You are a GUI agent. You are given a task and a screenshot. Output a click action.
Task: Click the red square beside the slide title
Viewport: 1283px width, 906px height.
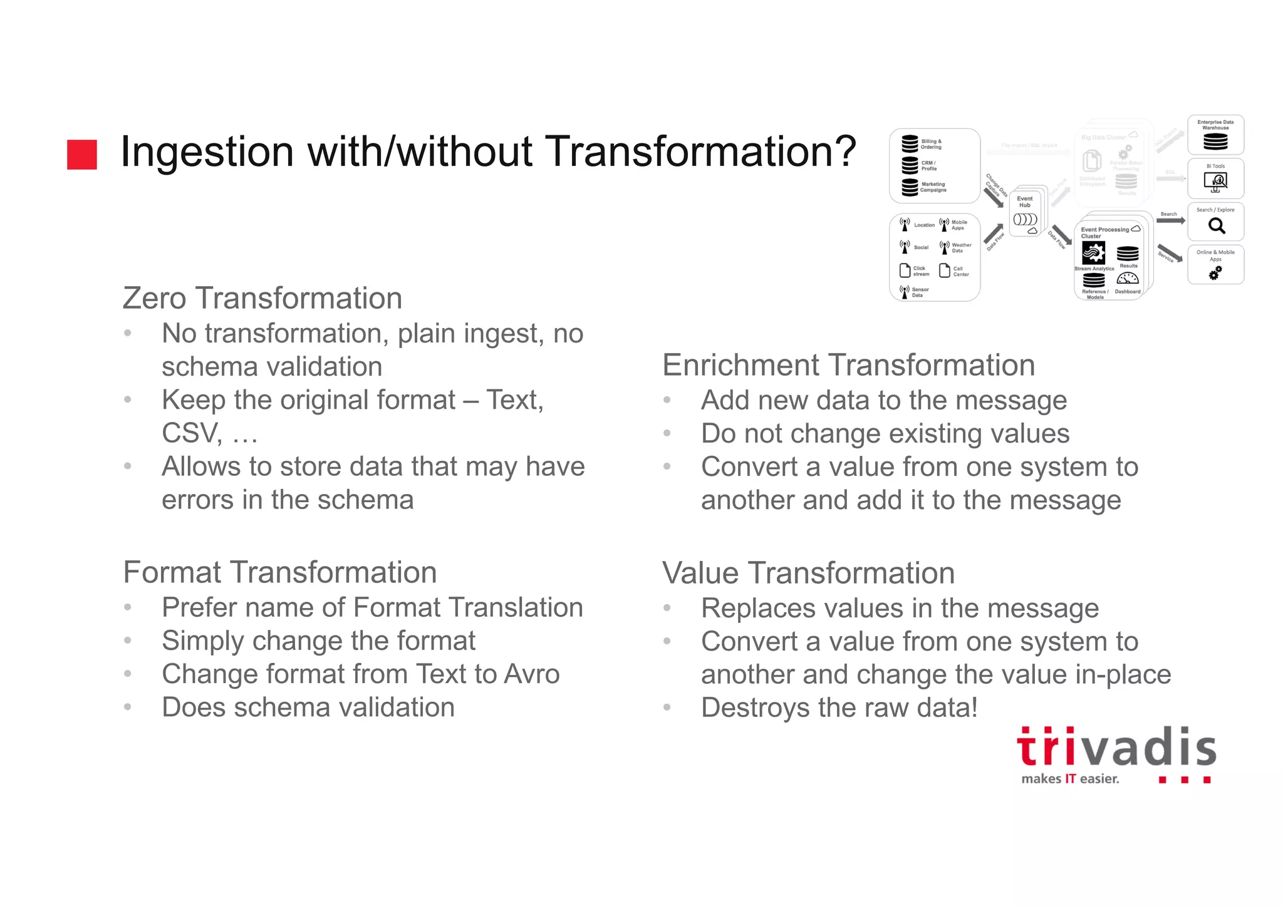coord(82,155)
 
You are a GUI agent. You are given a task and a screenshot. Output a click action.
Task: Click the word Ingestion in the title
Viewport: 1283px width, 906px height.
coord(207,152)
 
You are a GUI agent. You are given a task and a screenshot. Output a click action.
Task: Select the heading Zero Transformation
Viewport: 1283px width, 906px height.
coord(262,298)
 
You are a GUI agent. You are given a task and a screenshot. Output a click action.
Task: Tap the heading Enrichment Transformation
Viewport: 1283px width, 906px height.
coord(848,365)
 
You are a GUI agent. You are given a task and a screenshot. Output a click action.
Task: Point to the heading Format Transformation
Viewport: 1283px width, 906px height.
coord(279,572)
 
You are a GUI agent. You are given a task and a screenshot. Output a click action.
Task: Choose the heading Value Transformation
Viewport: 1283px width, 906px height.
coord(808,573)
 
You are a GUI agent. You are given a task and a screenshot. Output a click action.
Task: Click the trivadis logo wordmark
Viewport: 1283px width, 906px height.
coord(1116,748)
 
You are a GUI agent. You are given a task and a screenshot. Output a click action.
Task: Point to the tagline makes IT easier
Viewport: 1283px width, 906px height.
coord(1070,779)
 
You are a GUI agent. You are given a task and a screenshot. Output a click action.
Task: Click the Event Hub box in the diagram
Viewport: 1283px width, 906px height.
coord(1025,212)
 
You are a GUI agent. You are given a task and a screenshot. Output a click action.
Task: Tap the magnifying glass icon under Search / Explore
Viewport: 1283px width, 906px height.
coord(1216,225)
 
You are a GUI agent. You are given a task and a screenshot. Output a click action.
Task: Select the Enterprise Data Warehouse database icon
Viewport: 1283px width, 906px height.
coord(1215,142)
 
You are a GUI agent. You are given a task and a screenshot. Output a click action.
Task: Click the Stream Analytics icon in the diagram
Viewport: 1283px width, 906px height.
coord(1093,254)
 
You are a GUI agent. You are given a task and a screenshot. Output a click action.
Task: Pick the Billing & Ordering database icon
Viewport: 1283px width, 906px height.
coord(910,143)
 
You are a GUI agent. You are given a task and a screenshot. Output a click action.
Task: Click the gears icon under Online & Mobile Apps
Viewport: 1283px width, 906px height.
coord(1215,273)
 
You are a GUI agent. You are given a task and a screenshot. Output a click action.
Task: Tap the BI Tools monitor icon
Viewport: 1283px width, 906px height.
coord(1215,182)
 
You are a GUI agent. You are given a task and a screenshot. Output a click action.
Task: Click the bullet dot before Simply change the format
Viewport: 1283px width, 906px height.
coord(128,641)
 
